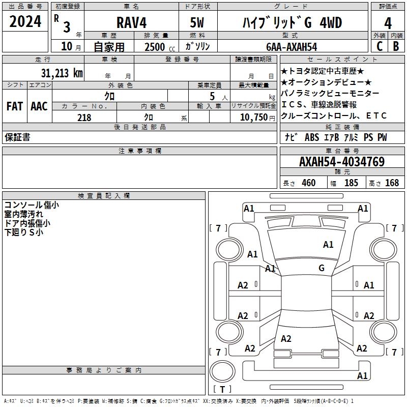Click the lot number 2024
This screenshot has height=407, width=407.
pos(25,22)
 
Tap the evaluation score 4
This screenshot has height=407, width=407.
pos(388,23)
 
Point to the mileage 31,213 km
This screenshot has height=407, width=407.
pos(62,73)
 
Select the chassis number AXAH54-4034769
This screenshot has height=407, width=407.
pos(341,162)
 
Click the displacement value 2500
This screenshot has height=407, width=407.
pos(155,47)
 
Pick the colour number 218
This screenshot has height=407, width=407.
pos(84,118)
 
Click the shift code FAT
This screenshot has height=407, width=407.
pos(15,106)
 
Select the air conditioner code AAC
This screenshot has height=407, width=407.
pos(39,106)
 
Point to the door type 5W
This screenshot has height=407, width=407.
pos(198,23)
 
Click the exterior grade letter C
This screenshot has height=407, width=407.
pos(379,47)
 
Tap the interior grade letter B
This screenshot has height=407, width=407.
pos(396,47)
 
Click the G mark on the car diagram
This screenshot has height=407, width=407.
pos(322,268)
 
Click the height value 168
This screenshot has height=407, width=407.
pos(392,183)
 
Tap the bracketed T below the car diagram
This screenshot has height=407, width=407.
pos(222,389)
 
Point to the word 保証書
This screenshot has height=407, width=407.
pos(17,137)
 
